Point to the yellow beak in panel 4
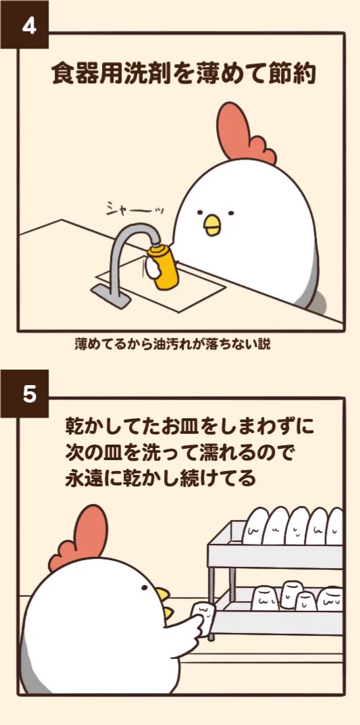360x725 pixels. pos(212,225)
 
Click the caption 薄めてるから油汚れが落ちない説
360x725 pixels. pos(172,345)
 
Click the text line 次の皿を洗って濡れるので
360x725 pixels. pos(181,452)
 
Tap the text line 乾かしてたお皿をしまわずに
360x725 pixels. pos(190,427)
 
